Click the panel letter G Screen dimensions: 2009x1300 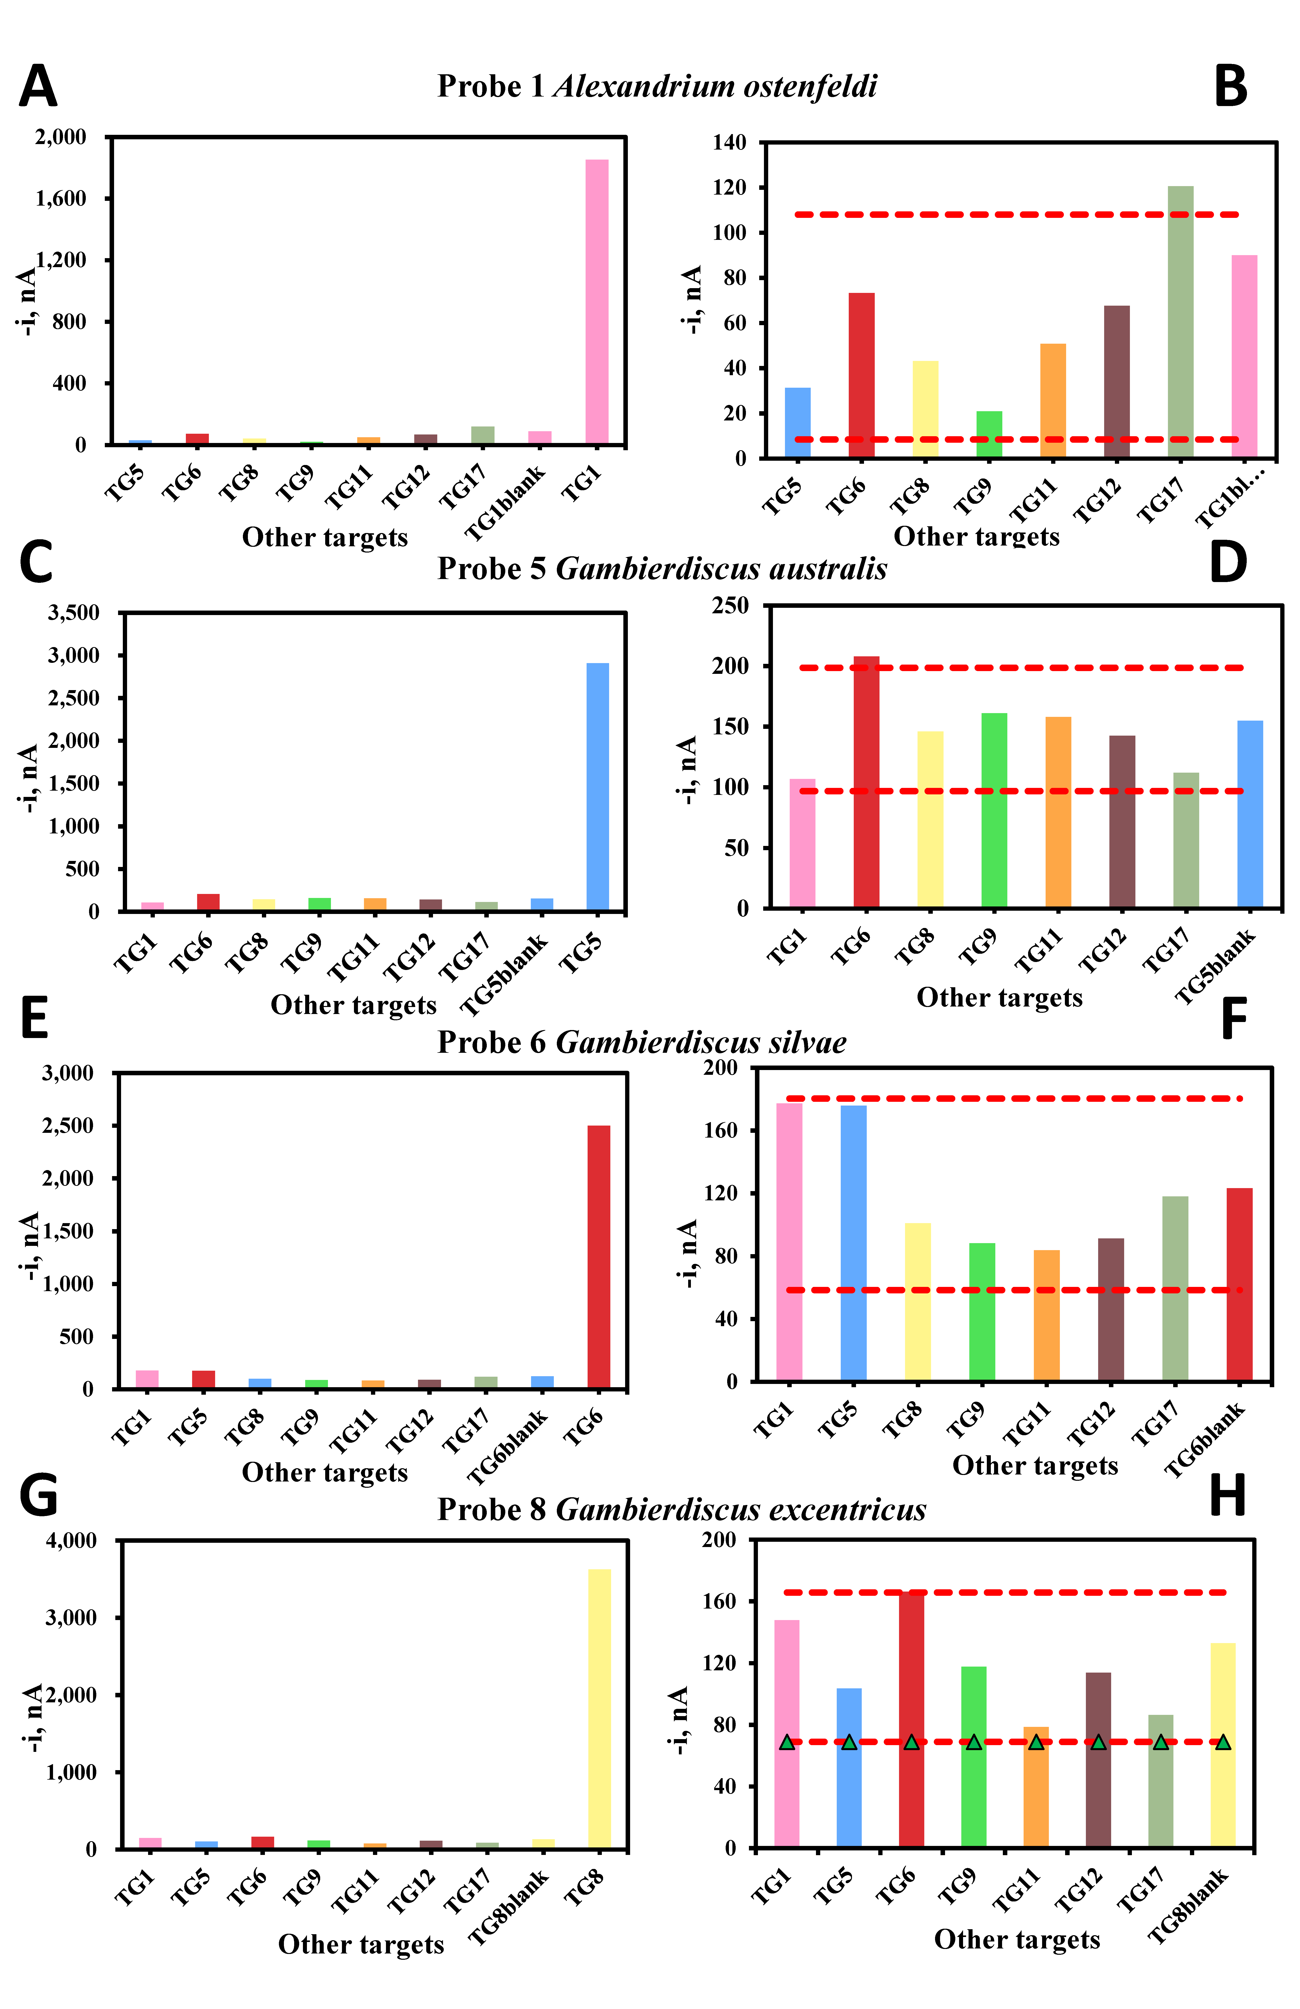coord(38,1497)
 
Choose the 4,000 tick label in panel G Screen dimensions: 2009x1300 coord(72,1541)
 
